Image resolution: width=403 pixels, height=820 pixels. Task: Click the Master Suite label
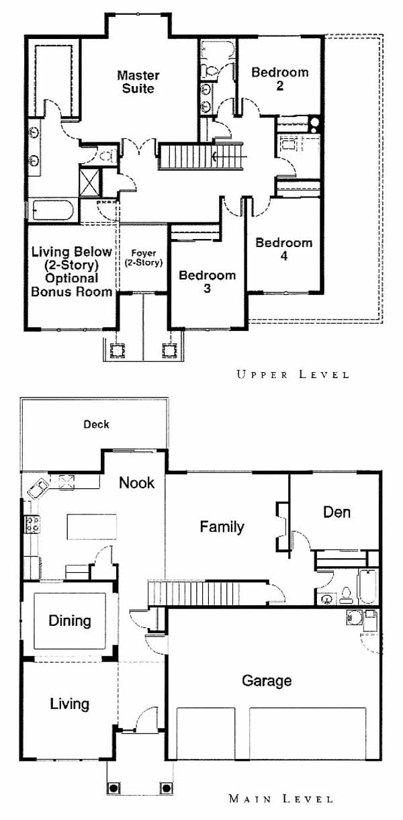coord(138,82)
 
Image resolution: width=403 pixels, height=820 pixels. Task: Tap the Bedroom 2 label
coord(280,79)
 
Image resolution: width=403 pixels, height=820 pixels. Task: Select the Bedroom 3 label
coord(207,281)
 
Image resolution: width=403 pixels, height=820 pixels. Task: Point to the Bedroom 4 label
coord(284,249)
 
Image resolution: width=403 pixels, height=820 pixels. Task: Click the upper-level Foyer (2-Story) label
coord(144,258)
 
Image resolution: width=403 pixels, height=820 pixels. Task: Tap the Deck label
coord(96,424)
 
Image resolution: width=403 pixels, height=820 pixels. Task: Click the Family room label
coord(222,527)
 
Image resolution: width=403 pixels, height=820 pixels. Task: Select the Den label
coord(337,512)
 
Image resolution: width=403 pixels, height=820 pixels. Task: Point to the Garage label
coord(267,681)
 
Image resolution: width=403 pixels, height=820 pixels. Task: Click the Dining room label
coord(70,621)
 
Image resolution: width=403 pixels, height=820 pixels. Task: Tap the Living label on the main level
coord(70,704)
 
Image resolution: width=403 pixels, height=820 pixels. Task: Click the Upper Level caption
coord(292,375)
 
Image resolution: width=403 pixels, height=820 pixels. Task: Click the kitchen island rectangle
coord(92,527)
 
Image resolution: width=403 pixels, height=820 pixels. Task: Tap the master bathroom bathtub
coord(54,210)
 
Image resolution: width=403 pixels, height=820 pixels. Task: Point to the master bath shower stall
coord(89,181)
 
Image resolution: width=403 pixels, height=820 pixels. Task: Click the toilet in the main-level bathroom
coord(345,596)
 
